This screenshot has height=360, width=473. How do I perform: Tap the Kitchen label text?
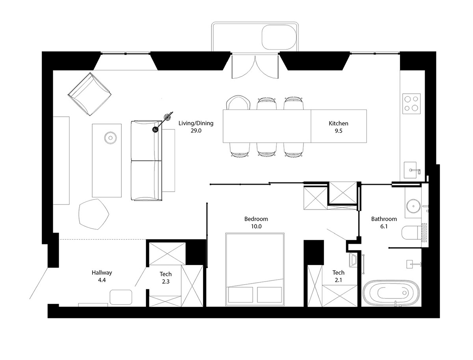pyautogui.click(x=338, y=123)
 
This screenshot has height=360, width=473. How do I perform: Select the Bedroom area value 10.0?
pyautogui.click(x=256, y=226)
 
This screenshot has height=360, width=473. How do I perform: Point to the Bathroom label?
pyautogui.click(x=384, y=219)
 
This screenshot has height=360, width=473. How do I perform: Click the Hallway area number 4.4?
pyautogui.click(x=102, y=280)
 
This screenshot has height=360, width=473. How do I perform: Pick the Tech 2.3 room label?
pyautogui.click(x=166, y=278)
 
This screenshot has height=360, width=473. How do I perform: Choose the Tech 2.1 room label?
pyautogui.click(x=338, y=276)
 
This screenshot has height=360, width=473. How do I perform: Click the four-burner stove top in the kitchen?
pyautogui.click(x=412, y=103)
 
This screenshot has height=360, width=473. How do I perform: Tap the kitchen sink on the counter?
pyautogui.click(x=410, y=170)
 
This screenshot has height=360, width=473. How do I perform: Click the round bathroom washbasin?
pyautogui.click(x=413, y=206)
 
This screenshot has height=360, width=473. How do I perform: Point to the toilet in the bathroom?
pyautogui.click(x=411, y=233)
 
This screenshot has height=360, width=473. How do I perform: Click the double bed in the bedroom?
pyautogui.click(x=255, y=269)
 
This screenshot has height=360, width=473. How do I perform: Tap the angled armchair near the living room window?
pyautogui.click(x=89, y=94)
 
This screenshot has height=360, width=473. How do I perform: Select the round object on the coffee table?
pyautogui.click(x=110, y=138)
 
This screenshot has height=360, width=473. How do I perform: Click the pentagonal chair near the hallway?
pyautogui.click(x=94, y=214)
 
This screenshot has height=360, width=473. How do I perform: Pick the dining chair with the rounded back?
pyautogui.click(x=238, y=103)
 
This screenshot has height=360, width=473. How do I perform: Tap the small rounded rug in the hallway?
pyautogui.click(x=121, y=297)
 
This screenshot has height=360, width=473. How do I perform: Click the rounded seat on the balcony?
pyautogui.click(x=279, y=37)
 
